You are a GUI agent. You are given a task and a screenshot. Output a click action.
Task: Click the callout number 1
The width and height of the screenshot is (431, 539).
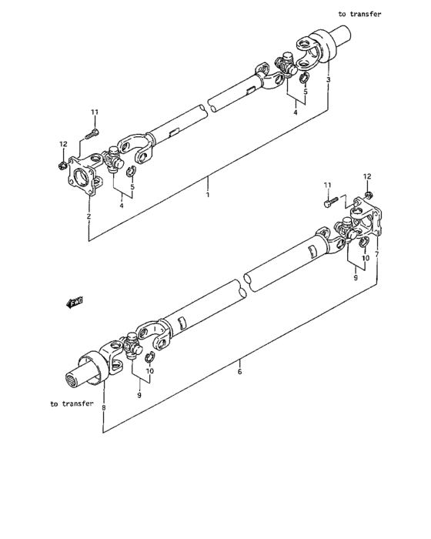[x=207, y=196]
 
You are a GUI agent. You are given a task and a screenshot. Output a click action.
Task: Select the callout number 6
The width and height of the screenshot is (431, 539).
[x=239, y=372]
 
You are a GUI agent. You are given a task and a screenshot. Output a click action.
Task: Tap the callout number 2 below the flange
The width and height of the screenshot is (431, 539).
[x=89, y=217]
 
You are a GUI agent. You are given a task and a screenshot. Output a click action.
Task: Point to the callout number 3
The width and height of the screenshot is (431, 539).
[x=329, y=80]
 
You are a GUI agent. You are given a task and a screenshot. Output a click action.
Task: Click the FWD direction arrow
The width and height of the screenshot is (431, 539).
[x=75, y=303]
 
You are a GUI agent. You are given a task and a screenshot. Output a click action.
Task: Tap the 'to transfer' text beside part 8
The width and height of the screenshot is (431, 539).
[x=72, y=403]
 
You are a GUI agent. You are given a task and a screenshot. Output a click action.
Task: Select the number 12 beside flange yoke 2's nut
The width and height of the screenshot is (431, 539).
[x=63, y=144]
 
